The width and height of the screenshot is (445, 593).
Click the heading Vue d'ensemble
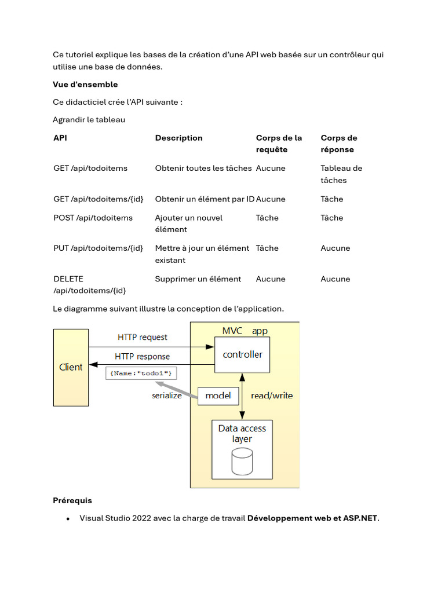[85, 85]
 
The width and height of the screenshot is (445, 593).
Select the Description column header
[178, 138]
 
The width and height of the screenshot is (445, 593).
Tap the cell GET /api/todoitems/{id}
[98, 199]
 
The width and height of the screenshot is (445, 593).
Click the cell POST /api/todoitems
[93, 218]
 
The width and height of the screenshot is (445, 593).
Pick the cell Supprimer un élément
[198, 279]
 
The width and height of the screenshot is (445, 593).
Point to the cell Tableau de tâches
[341, 174]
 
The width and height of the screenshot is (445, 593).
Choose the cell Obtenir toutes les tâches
[203, 169]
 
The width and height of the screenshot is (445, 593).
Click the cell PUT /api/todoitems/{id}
[98, 248]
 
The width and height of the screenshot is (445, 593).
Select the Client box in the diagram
[71, 367]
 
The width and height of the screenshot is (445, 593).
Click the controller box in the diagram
[242, 354]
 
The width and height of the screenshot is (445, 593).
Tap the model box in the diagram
[218, 396]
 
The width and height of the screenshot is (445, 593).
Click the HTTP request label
[142, 337]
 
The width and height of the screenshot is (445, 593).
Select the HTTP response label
[142, 356]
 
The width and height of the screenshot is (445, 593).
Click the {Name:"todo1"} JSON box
[141, 374]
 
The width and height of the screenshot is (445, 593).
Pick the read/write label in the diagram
[271, 396]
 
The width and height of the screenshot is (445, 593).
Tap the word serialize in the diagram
[167, 396]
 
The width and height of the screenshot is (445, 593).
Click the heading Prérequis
[72, 500]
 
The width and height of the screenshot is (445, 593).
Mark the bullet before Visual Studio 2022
[68, 519]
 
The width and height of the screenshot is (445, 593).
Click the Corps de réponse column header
[338, 144]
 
